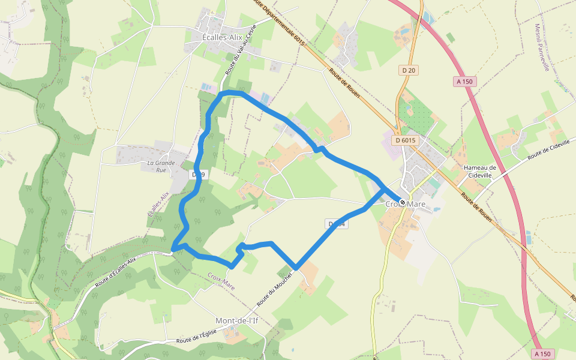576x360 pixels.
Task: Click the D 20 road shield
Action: coord(409,70)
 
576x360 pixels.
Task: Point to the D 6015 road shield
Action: coord(406,140)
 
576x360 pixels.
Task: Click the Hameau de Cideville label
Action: coord(480,171)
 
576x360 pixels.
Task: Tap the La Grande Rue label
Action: coord(161,166)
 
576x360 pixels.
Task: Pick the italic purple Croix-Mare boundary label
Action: coord(221,281)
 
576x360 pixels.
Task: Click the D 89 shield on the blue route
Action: coord(198,175)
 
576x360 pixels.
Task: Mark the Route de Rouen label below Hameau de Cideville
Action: coord(477,208)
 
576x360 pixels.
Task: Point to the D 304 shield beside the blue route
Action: coord(337,224)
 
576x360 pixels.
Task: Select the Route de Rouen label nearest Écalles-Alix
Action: coord(344,82)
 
